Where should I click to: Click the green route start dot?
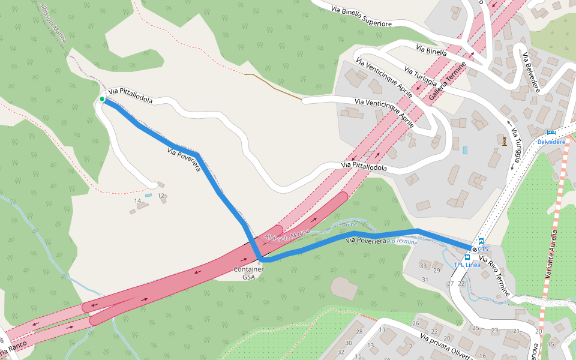click(102, 99)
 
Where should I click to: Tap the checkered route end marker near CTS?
click(475, 249)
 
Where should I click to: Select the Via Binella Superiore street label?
click(362, 15)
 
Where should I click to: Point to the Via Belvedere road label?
click(531, 73)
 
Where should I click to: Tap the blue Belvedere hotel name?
click(551, 142)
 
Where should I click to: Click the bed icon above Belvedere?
click(551, 133)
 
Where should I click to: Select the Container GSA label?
click(248, 273)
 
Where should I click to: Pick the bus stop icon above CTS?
click(481, 241)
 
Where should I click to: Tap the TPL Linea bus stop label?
click(467, 265)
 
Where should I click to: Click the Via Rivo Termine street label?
click(494, 275)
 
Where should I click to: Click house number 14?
click(137, 200)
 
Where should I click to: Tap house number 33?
click(423, 266)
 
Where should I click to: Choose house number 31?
click(425, 280)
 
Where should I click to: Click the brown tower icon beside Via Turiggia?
click(505, 141)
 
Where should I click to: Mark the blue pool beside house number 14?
click(148, 195)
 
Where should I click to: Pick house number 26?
click(415, 323)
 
